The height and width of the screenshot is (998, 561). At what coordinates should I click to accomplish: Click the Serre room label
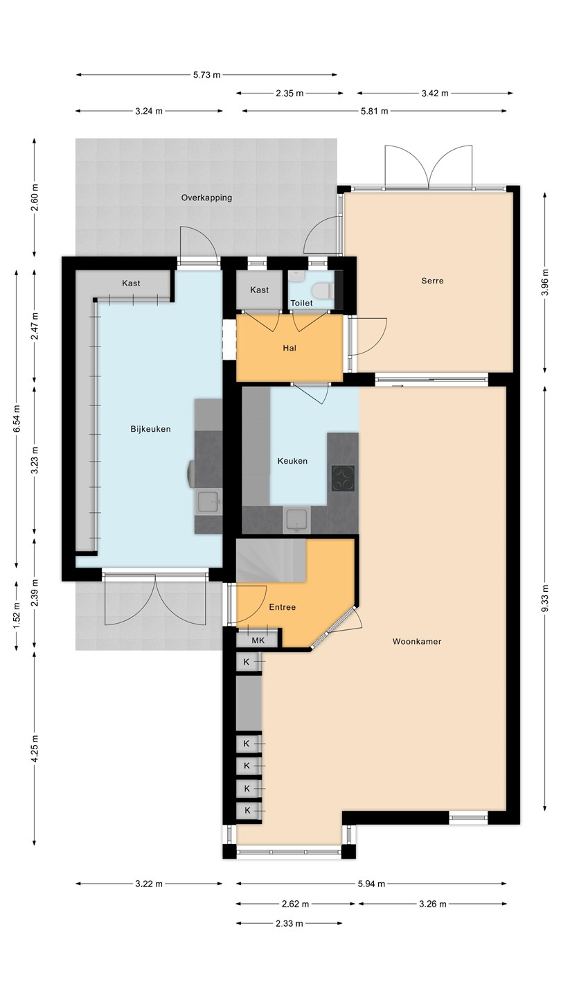pos(432,281)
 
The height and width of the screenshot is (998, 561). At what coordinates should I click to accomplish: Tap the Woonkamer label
pos(417,642)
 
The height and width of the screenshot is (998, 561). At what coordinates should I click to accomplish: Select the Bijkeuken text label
pos(150,429)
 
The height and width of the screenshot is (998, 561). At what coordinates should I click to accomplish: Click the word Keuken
pos(292,461)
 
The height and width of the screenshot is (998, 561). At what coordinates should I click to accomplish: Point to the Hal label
pos(290,348)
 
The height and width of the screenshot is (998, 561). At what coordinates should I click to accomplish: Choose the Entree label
pos(283,607)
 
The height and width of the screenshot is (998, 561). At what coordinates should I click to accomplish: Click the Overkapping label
pos(206,198)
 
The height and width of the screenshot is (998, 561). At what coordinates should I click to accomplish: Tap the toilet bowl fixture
pos(322,291)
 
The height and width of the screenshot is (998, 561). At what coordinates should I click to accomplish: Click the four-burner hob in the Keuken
pos(343,478)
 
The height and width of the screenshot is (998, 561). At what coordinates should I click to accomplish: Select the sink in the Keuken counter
pos(297,520)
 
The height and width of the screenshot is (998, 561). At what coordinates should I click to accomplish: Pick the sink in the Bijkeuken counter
pos(208,502)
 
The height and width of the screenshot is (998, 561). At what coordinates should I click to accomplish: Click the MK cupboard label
pos(258,640)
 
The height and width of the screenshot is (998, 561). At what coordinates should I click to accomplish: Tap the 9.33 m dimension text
pos(545,604)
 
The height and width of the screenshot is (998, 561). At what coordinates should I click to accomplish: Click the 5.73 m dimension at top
pos(206,75)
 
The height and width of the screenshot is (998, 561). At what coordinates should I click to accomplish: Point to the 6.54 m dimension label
pos(17,419)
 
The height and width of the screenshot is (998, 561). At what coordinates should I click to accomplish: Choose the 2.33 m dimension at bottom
pos(290,924)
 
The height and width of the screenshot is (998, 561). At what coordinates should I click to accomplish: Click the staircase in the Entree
pos(271,561)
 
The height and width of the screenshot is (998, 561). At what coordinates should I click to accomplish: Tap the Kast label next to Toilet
pos(259,290)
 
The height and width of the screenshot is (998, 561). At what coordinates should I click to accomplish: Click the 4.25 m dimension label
pos(35,748)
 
